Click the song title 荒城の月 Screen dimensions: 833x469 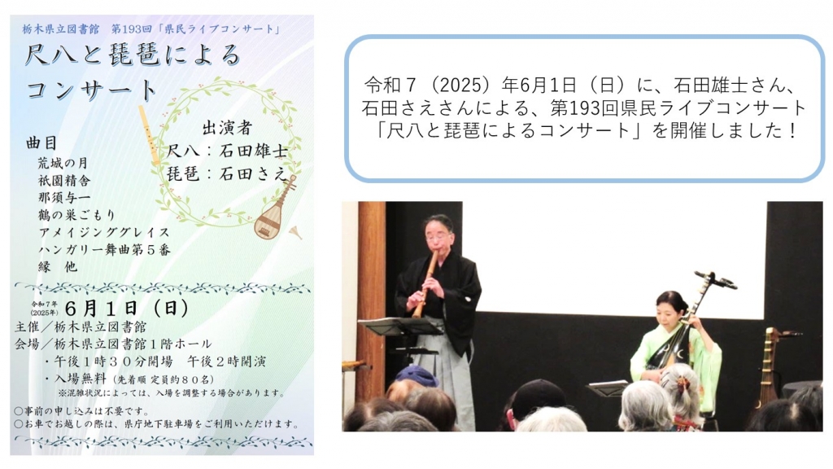(x=63, y=163)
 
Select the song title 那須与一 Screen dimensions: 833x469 (x=63, y=198)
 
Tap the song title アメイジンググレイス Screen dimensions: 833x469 (x=104, y=232)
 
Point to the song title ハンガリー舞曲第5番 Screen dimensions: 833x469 (x=104, y=249)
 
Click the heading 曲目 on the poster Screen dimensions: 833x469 (x=41, y=143)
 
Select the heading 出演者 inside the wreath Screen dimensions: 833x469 (x=227, y=128)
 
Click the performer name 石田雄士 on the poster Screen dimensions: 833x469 (x=254, y=151)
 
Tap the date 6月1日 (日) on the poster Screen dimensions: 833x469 (x=127, y=308)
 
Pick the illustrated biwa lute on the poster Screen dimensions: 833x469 (x=274, y=208)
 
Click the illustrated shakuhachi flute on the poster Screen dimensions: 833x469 (x=150, y=135)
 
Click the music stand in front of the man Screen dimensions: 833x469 (x=401, y=340)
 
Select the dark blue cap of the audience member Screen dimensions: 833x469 (x=416, y=376)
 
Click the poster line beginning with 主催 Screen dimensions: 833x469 (x=81, y=327)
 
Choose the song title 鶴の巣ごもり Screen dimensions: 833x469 (x=77, y=215)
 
